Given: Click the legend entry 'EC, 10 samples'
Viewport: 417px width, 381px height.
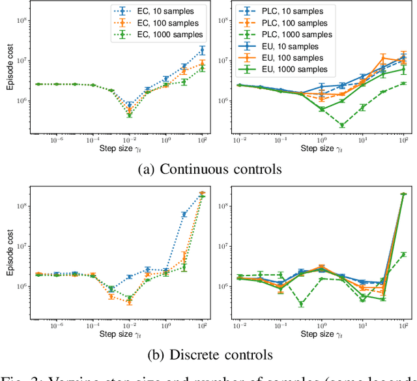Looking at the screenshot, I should point(156,11).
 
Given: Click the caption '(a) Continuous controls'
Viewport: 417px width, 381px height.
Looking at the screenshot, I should point(210,170).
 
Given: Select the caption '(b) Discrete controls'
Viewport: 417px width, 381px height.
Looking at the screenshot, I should point(210,356).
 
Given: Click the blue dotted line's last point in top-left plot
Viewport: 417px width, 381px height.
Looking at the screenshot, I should point(203,49).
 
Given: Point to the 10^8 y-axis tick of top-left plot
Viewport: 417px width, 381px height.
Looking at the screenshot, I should point(27,20).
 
